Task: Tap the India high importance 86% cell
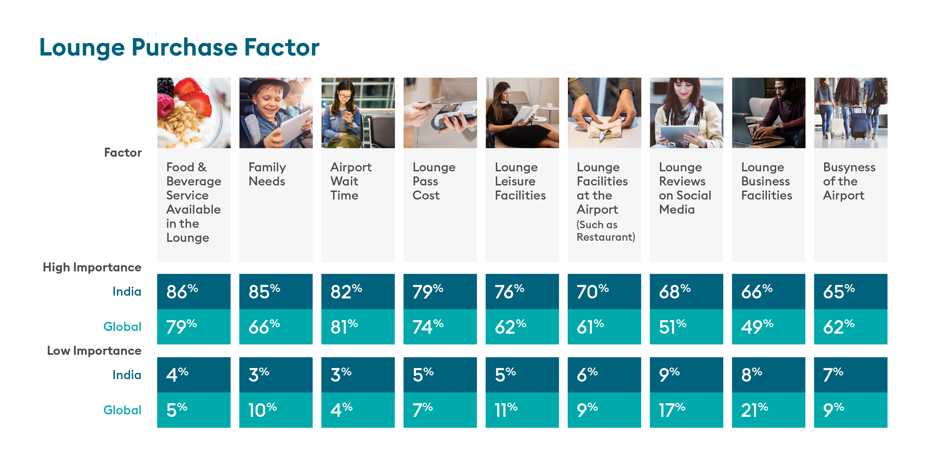click(x=194, y=291)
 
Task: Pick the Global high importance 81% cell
click(x=358, y=327)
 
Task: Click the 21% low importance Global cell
click(x=769, y=410)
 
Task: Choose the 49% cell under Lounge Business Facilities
click(x=769, y=327)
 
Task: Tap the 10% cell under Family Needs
click(x=276, y=410)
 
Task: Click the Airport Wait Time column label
click(x=351, y=181)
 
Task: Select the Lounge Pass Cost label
click(x=434, y=181)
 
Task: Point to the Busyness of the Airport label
click(x=849, y=181)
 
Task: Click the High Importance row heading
click(x=92, y=267)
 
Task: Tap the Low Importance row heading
click(x=94, y=351)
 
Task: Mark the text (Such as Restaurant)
click(x=606, y=231)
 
